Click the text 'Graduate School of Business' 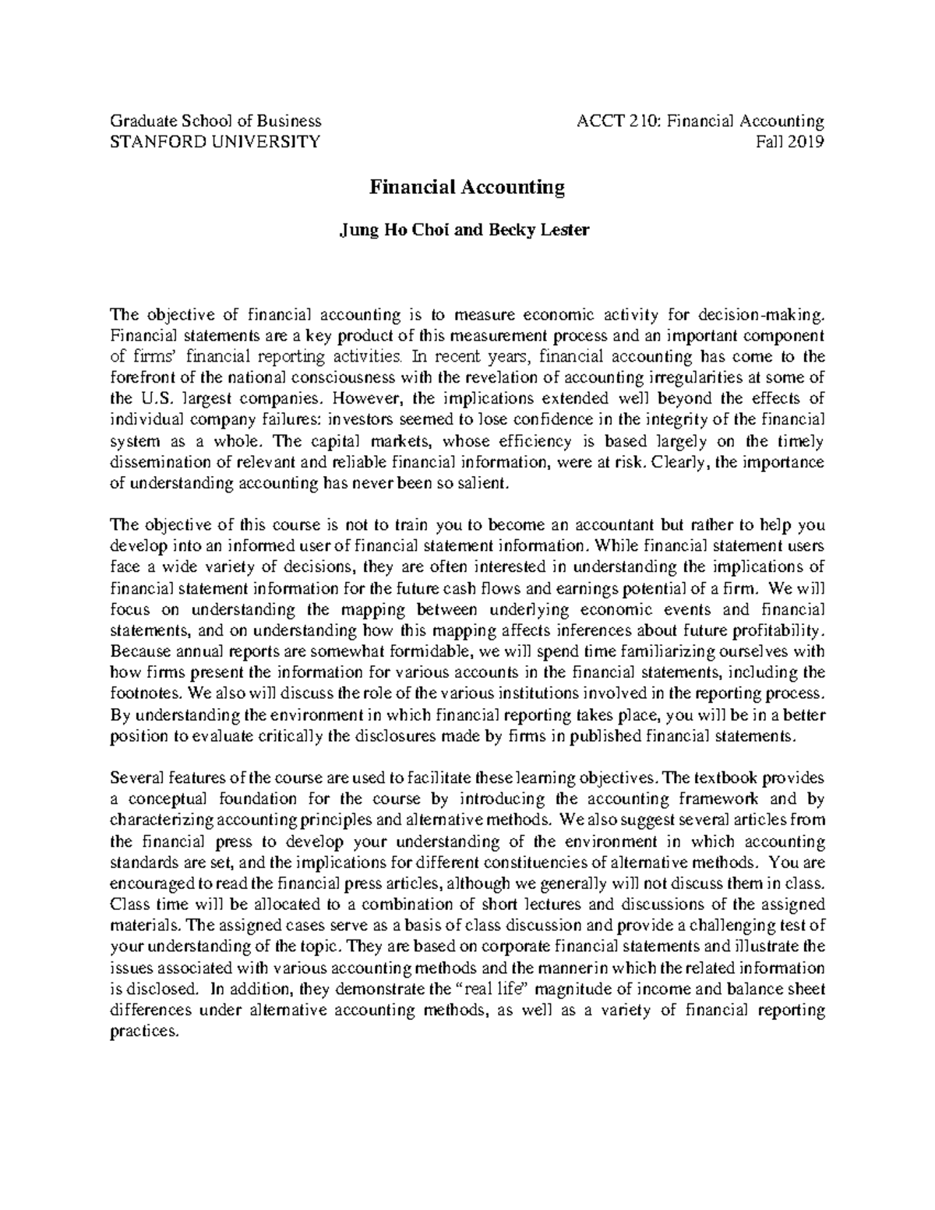(x=216, y=121)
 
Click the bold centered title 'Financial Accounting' (x=467, y=188)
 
